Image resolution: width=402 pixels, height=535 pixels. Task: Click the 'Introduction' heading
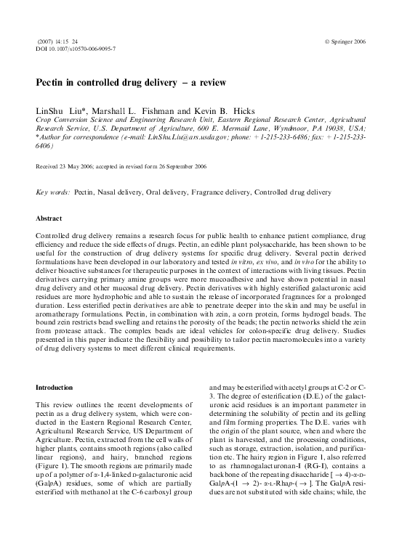pyautogui.click(x=55, y=388)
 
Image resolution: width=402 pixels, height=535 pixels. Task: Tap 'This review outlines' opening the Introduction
pyautogui.click(x=71, y=403)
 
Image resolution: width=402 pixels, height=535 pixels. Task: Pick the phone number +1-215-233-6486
pyautogui.click(x=297, y=136)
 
